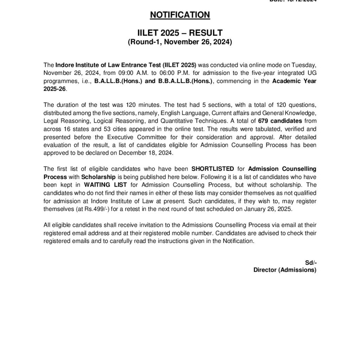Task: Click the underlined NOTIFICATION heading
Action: click(x=180, y=15)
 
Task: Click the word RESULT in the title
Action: click(x=206, y=33)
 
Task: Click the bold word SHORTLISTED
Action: click(x=213, y=169)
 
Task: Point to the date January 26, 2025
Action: click(x=273, y=209)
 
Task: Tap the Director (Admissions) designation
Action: click(x=285, y=270)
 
